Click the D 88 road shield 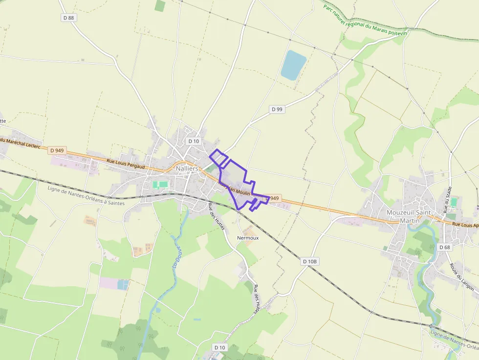69,18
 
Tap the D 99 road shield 277,109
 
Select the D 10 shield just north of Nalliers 194,141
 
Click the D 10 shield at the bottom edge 220,347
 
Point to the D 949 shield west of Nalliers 57,150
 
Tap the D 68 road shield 444,247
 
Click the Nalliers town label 187,169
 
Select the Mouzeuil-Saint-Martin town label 410,216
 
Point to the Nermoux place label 247,238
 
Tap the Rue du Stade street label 446,200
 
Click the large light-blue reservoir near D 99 293,65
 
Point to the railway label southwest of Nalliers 86,196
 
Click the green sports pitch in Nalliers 160,185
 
